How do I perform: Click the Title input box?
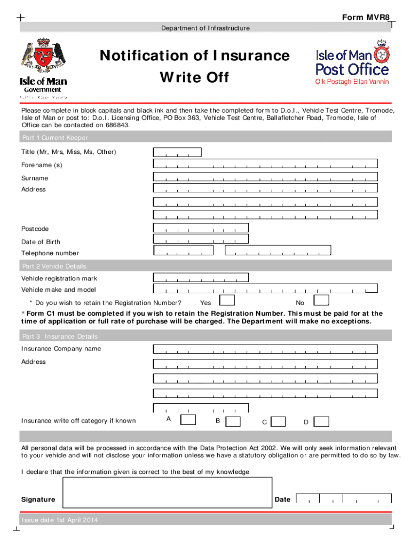[177, 152]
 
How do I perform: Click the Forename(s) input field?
[265, 164]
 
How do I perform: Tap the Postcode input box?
[201, 228]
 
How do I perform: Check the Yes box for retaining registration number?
[227, 301]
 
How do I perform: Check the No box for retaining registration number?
[321, 301]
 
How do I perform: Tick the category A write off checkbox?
[188, 420]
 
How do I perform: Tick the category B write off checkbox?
[233, 421]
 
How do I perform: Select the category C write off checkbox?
[278, 421]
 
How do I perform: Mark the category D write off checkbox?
[321, 421]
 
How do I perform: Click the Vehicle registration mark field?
[201, 277]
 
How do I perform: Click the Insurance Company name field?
[265, 349]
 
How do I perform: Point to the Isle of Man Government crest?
[43, 57]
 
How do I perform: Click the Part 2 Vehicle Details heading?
[53, 266]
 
